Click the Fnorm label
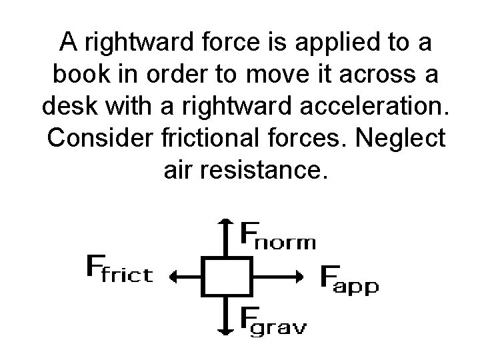click(277, 235)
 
